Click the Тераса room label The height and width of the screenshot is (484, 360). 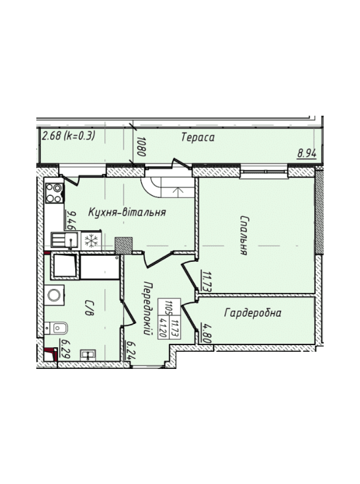(x=198, y=138)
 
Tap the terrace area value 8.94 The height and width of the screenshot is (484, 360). (x=307, y=153)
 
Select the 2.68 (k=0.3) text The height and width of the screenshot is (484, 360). (x=68, y=136)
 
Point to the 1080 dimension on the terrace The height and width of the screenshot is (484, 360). (x=141, y=146)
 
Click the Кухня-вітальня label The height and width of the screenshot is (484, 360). (x=127, y=212)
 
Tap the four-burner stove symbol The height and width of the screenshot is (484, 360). (x=54, y=193)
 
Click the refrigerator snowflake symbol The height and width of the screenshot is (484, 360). (x=91, y=241)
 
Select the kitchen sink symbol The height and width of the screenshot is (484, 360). (x=64, y=240)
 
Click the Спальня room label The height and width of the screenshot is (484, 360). (x=244, y=235)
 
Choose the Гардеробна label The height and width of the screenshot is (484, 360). (x=252, y=313)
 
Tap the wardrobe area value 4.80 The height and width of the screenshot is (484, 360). (x=206, y=333)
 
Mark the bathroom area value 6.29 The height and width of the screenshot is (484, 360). (x=65, y=349)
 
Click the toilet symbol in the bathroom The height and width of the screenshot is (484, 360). (x=56, y=328)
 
